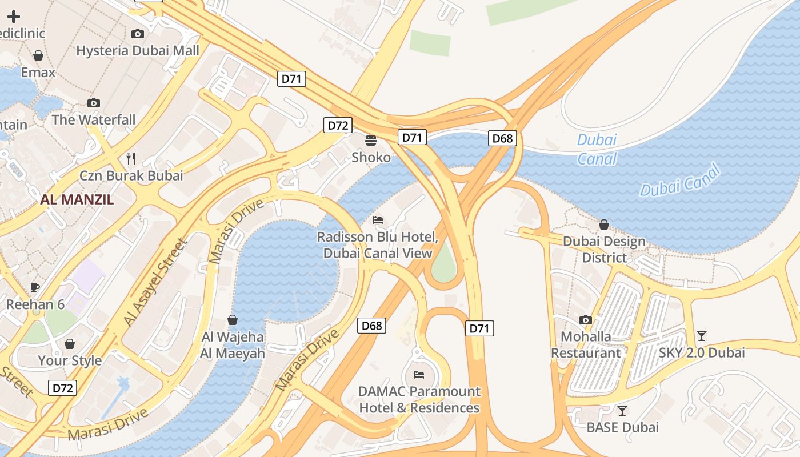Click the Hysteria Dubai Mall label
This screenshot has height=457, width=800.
(138, 50)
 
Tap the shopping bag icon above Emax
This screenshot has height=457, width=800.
(38, 55)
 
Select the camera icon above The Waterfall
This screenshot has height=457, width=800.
(94, 103)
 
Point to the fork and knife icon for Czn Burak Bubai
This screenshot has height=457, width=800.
(131, 158)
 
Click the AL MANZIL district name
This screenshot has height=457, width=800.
(77, 199)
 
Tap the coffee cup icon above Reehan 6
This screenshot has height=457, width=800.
(35, 287)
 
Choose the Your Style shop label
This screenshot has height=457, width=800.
(70, 360)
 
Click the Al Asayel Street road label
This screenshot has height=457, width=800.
(155, 282)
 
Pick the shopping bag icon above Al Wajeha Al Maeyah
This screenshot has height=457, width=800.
(233, 320)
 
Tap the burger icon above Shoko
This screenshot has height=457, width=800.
(371, 140)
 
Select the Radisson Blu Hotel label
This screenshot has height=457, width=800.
(378, 244)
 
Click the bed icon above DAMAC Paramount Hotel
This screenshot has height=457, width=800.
(419, 375)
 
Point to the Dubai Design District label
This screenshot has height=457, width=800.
(604, 250)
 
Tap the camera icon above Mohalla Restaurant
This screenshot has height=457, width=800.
(586, 320)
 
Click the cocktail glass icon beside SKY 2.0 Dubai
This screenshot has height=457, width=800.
(702, 336)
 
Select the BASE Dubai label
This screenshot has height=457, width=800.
(622, 427)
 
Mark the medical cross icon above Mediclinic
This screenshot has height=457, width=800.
(13, 17)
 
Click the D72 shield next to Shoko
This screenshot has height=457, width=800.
(337, 125)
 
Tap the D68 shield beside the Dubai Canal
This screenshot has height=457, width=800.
(502, 138)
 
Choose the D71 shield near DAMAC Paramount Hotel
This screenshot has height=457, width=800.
(479, 328)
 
